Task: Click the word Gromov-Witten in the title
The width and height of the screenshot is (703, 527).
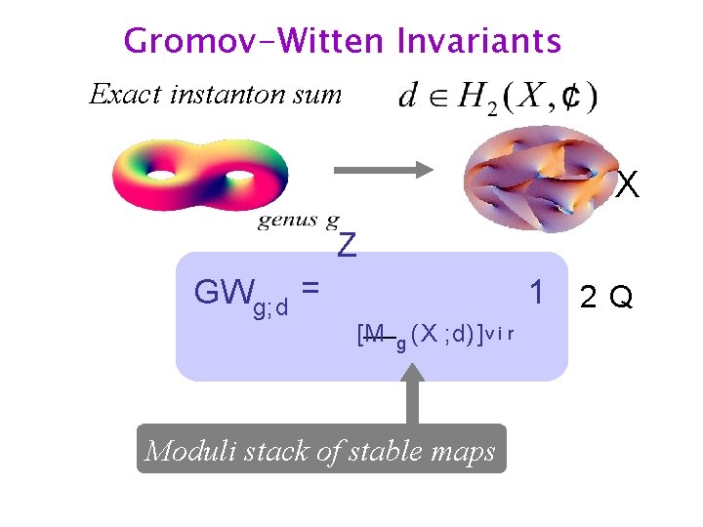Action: click(x=255, y=41)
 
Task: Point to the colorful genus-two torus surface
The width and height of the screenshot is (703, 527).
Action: click(x=199, y=174)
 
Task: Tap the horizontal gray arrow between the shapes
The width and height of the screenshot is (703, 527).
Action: click(x=383, y=169)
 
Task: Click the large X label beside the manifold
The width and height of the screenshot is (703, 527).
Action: click(x=628, y=184)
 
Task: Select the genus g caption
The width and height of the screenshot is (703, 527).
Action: click(x=299, y=221)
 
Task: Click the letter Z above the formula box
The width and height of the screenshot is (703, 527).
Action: click(x=347, y=246)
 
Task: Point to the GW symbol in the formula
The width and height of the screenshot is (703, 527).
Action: click(x=224, y=292)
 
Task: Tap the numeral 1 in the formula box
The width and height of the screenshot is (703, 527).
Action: click(x=536, y=292)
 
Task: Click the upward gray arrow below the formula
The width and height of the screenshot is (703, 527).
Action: click(x=412, y=394)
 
